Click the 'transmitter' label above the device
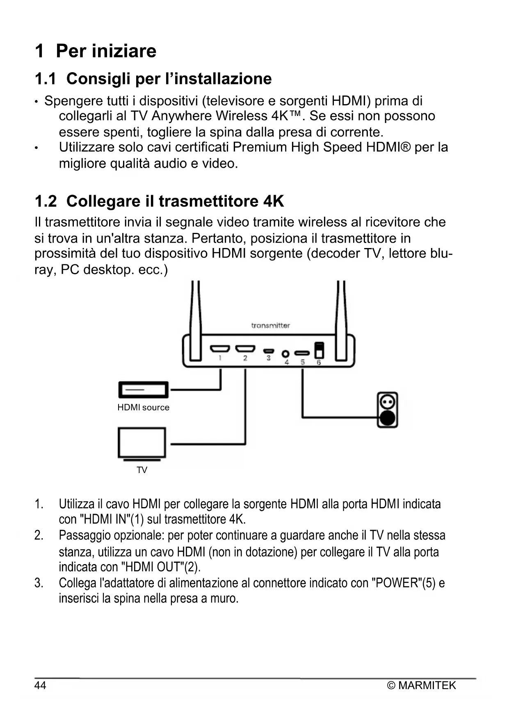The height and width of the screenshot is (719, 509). click(x=270, y=325)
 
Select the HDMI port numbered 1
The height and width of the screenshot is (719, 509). click(x=220, y=349)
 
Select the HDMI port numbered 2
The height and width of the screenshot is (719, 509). click(x=245, y=349)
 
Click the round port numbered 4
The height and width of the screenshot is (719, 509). click(x=286, y=353)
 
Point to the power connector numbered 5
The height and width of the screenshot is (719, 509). click(x=302, y=353)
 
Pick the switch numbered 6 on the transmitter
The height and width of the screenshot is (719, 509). click(x=319, y=350)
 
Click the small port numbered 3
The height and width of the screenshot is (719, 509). click(x=269, y=351)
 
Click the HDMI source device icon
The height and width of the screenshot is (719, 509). click(x=144, y=390)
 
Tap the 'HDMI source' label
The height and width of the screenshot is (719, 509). click(x=143, y=407)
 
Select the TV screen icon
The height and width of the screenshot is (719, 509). click(x=142, y=443)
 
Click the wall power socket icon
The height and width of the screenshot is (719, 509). click(x=388, y=410)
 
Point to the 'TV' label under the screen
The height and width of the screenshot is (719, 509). click(x=142, y=470)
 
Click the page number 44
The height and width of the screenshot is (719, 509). click(x=40, y=685)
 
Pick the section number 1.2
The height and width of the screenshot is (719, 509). click(x=46, y=201)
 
